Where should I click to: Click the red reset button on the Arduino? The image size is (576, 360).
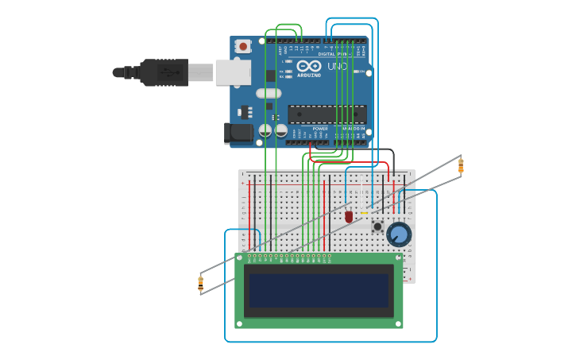point(243,47)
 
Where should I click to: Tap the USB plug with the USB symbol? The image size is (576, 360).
point(164,72)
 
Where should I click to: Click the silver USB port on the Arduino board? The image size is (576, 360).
point(233,72)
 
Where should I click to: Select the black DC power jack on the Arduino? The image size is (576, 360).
point(238,133)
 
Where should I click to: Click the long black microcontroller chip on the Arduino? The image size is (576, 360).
point(327,114)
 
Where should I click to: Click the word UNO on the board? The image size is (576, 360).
point(337,67)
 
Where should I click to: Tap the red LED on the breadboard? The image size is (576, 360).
point(348,216)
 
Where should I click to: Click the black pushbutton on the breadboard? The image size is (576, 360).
point(377,226)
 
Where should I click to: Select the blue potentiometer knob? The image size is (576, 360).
point(399,234)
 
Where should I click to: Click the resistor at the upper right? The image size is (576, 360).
point(460,165)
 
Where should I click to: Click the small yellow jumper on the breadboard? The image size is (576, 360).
point(364,213)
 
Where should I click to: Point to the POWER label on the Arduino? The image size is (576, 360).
point(320,128)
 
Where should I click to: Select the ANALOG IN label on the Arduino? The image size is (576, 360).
point(353,128)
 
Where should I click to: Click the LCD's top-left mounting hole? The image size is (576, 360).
point(240,257)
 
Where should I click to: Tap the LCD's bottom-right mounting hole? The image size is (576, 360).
point(398,323)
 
